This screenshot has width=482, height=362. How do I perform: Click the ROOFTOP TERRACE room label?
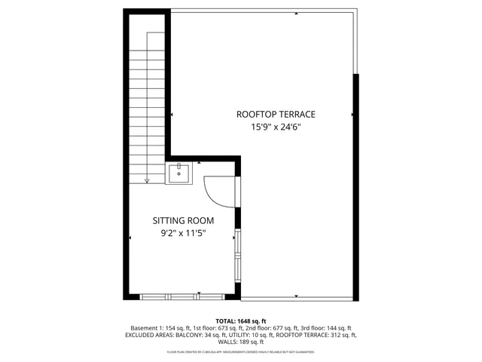pyautogui.click(x=276, y=115)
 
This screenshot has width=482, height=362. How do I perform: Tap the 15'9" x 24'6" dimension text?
pyautogui.click(x=276, y=127)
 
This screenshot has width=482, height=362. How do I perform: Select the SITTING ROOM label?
pyautogui.click(x=183, y=221)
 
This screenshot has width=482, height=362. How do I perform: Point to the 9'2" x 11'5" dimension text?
pyautogui.click(x=183, y=234)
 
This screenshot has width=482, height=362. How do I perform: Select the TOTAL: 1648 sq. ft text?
pyautogui.click(x=241, y=321)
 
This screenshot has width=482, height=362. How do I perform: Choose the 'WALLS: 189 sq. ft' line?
pyautogui.click(x=241, y=342)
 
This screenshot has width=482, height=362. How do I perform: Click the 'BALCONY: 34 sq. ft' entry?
pyautogui.click(x=199, y=335)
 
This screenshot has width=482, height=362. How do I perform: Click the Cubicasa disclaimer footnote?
pyautogui.click(x=241, y=351)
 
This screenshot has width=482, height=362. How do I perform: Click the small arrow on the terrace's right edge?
pyautogui.click(x=352, y=115)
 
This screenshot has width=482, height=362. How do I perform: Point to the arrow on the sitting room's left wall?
pyautogui.click(x=131, y=238)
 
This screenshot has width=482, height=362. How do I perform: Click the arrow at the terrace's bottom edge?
pyautogui.click(x=297, y=296)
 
